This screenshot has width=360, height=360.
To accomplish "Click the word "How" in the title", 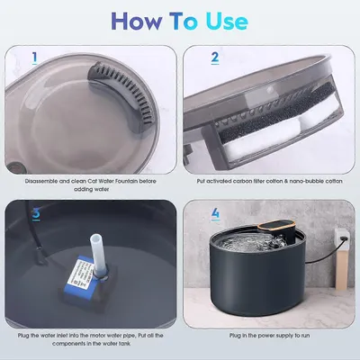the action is pos(137,22).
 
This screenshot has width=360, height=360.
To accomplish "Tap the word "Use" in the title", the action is pos(227,22).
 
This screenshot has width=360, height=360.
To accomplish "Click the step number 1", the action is pos(35,58).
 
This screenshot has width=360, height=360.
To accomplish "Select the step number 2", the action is pos(215,58).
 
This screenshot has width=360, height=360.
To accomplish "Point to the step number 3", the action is pos(36,213).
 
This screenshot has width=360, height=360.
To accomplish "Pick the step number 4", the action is pos(215,213).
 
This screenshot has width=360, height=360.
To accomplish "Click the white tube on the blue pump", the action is pos(97,255).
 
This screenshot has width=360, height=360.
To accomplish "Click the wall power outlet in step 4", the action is pos(341,238).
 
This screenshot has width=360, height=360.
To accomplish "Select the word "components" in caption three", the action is pos(68,344).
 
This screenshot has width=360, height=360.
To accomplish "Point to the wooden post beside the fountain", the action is pos(341,268).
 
